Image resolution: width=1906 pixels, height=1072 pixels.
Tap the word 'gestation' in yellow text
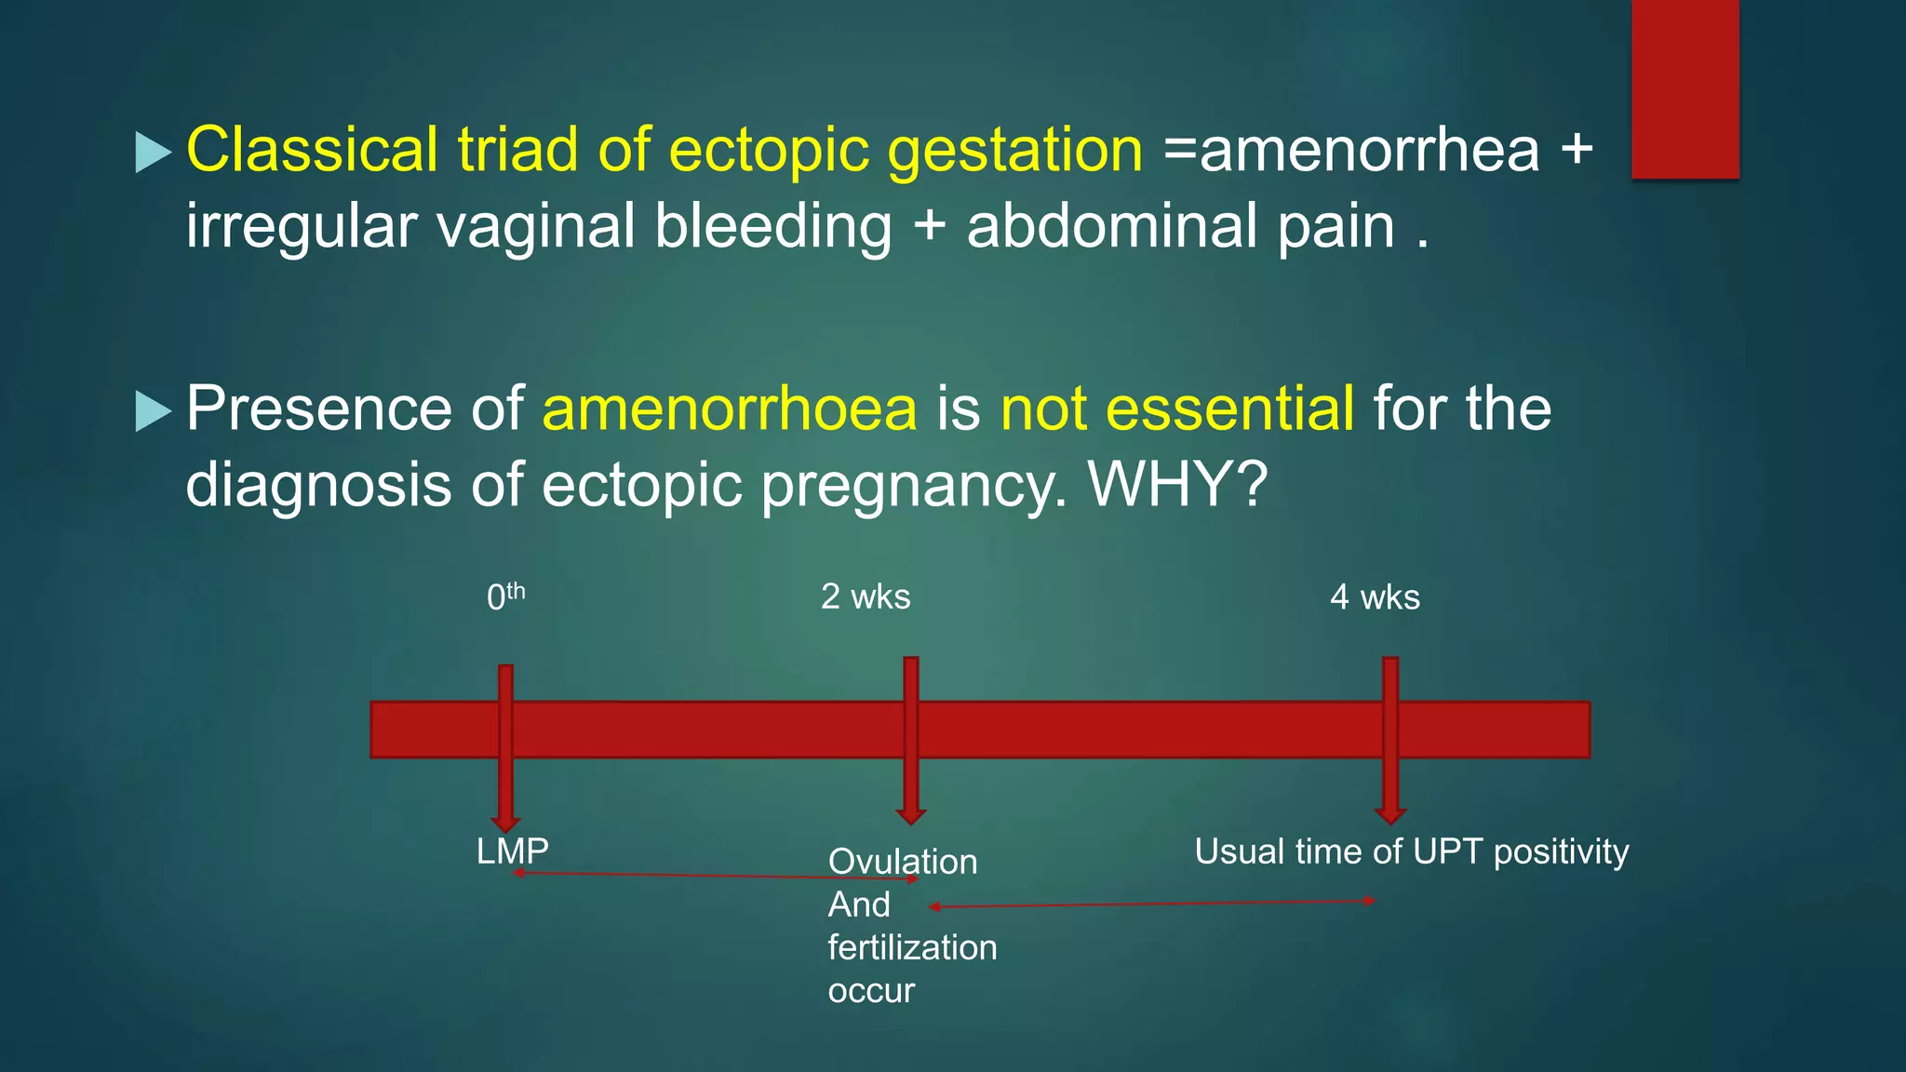pos(1014,151)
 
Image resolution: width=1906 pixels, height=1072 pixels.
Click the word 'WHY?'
pos(1177,484)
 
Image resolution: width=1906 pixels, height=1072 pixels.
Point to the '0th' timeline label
pos(505,596)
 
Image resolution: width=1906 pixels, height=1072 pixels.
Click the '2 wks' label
pos(866,596)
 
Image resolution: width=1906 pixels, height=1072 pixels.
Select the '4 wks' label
pos(1375,596)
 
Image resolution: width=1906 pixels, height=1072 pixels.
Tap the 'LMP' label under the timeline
pos(512,851)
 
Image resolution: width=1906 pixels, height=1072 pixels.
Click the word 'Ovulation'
pos(902,862)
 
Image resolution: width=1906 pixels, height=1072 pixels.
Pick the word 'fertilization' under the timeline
pos(912,947)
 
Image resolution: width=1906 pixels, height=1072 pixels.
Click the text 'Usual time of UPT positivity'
pos(1411,851)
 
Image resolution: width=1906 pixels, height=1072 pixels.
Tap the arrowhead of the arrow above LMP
pos(505,823)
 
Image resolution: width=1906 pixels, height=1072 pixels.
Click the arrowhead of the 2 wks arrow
pos(910,816)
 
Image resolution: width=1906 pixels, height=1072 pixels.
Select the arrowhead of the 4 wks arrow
pos(1389,816)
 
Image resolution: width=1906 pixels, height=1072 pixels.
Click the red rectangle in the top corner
pos(1685,88)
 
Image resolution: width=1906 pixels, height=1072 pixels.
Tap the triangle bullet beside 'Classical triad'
pos(153,152)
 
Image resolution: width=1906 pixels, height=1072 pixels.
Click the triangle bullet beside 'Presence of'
pos(153,410)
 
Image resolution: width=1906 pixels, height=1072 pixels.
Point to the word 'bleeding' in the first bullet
pos(772,226)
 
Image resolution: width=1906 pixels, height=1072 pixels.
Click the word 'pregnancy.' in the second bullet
pos(914,484)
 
